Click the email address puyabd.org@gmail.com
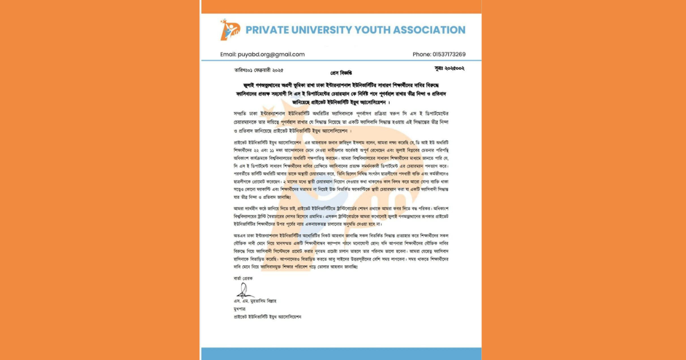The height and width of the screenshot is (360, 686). (x=272, y=54)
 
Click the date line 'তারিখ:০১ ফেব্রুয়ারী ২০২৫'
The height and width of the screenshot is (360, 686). (x=258, y=70)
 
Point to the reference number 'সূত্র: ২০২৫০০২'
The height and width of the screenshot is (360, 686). (x=449, y=69)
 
